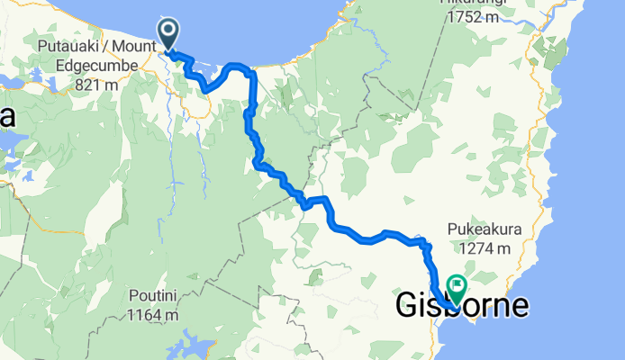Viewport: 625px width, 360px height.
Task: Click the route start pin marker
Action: coord(168,32)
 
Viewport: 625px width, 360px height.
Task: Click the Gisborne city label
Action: coord(462,307)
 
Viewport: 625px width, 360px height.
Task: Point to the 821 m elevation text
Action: coord(100,84)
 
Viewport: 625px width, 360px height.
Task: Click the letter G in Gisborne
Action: coord(409,307)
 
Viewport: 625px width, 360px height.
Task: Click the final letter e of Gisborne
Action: coord(520,307)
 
